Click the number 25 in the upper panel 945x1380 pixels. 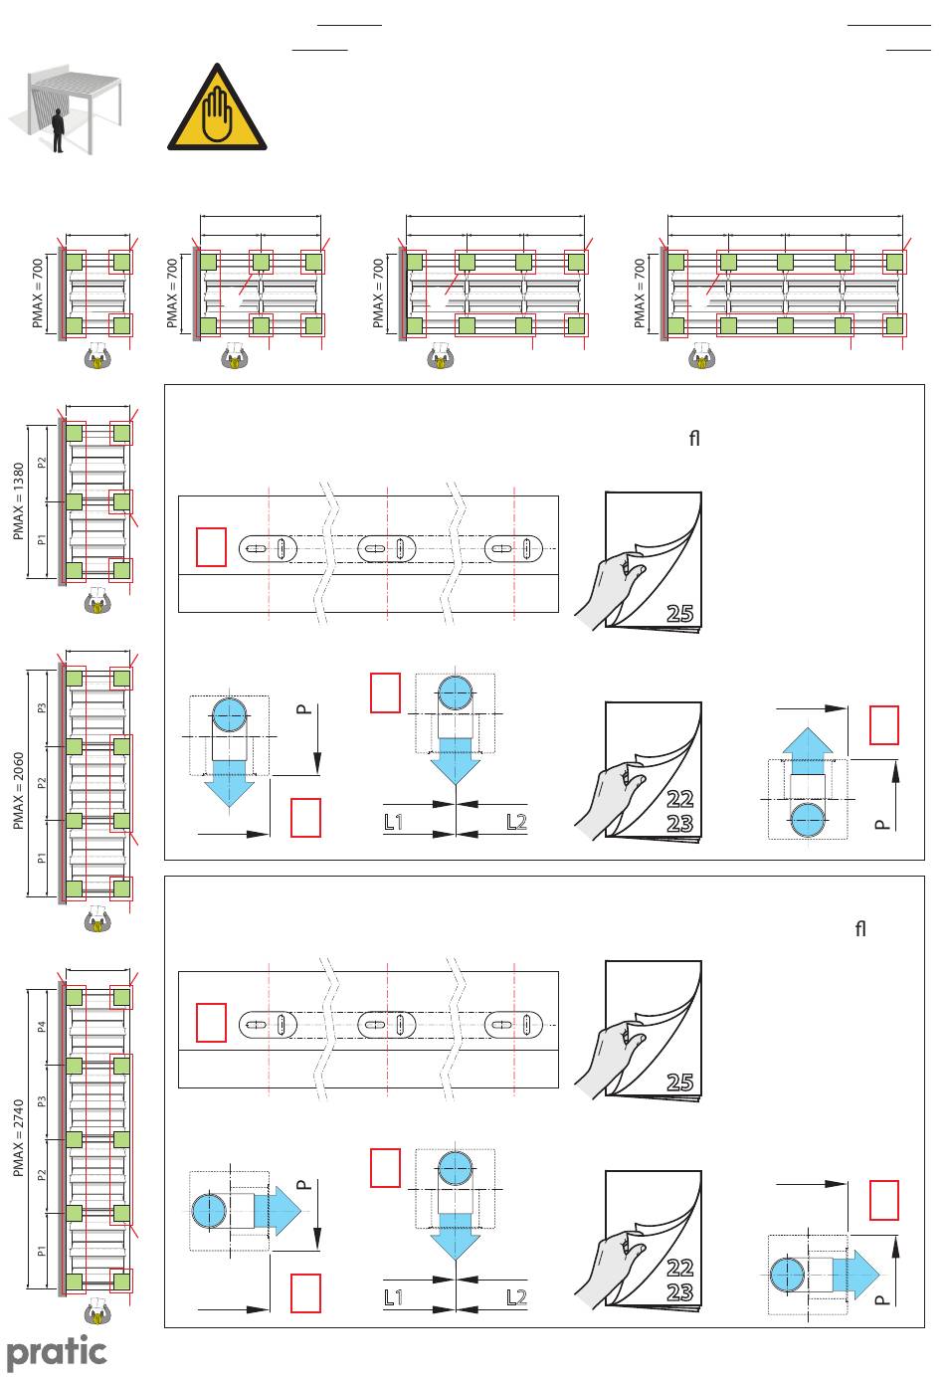679,613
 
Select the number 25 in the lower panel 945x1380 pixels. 679,1082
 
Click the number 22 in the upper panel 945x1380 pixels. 679,798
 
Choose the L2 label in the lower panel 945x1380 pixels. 515,1296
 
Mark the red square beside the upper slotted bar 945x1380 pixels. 211,547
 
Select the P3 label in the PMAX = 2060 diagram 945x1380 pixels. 42,709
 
